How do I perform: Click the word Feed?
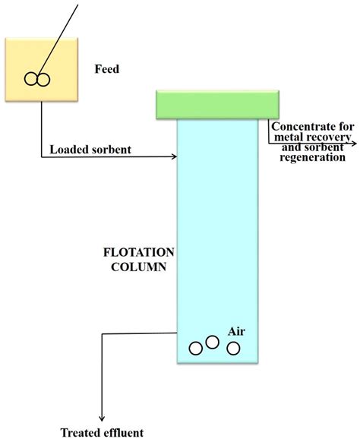[107, 69]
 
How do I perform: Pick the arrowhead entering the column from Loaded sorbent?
[172, 157]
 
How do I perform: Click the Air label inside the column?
[236, 333]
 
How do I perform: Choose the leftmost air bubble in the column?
[196, 349]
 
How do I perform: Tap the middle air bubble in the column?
[213, 343]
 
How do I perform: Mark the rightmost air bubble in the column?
[233, 348]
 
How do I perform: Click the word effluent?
[123, 434]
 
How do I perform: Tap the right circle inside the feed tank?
[43, 78]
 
